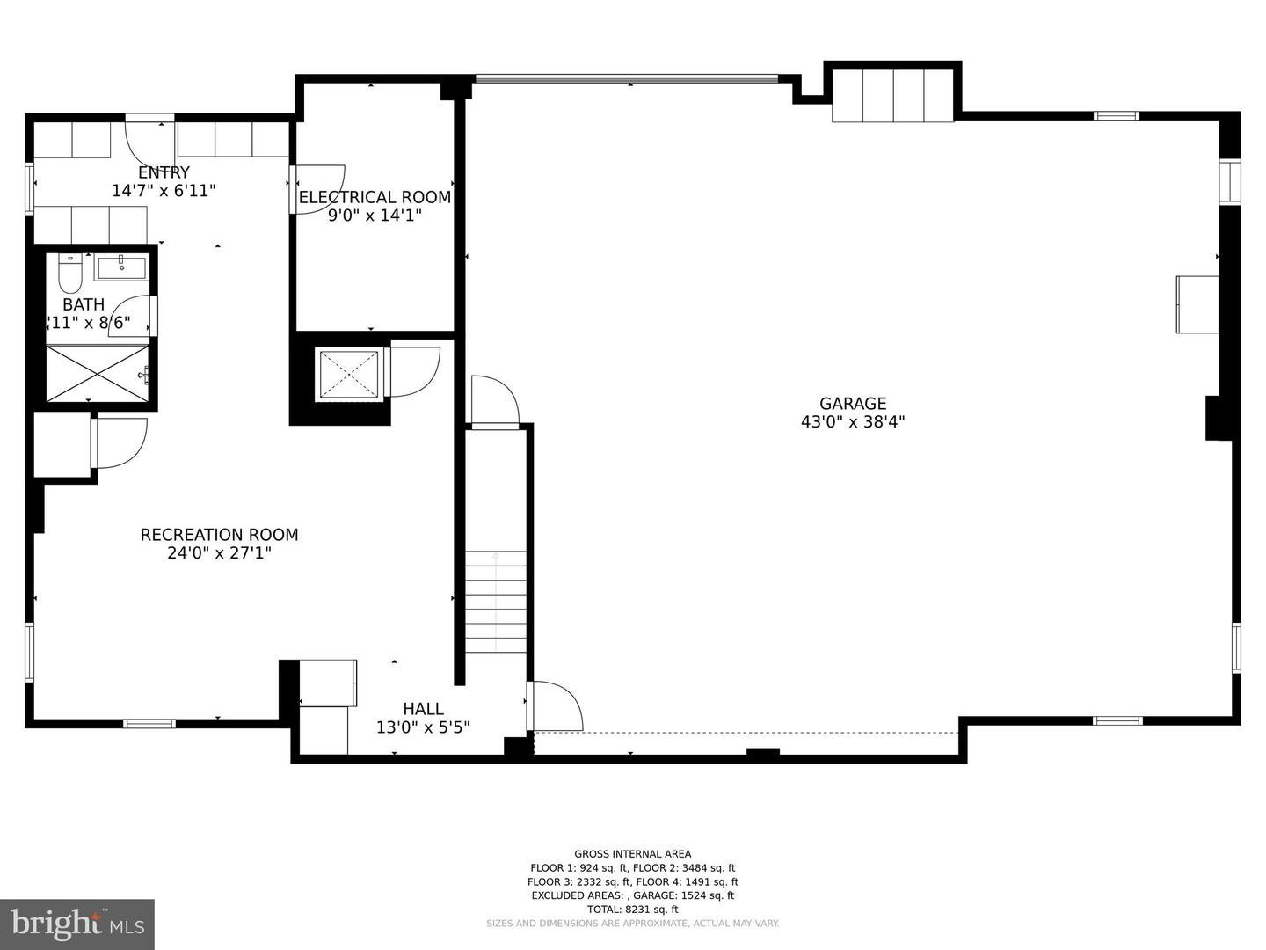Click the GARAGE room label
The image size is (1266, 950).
pyautogui.click(x=853, y=404)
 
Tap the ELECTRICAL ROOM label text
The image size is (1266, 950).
pyautogui.click(x=375, y=197)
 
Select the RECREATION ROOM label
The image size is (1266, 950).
pyautogui.click(x=219, y=535)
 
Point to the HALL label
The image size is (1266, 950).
pyautogui.click(x=423, y=709)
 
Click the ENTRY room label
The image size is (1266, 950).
pyautogui.click(x=164, y=172)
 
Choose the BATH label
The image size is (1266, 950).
pyautogui.click(x=84, y=305)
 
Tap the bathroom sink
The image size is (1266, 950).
pyautogui.click(x=121, y=267)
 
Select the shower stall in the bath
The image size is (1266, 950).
pyautogui.click(x=97, y=374)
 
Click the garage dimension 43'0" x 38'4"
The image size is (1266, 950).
pyautogui.click(x=853, y=422)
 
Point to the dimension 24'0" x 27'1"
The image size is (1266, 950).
pyautogui.click(x=219, y=553)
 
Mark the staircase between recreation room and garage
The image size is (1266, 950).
pyautogui.click(x=496, y=602)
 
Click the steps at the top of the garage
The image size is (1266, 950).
pyautogui.click(x=892, y=95)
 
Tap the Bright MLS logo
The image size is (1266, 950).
pyautogui.click(x=77, y=924)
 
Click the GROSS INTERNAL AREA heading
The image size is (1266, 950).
pyautogui.click(x=632, y=853)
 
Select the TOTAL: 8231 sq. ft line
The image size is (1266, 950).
pyautogui.click(x=632, y=910)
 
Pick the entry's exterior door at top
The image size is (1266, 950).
pyautogui.click(x=149, y=141)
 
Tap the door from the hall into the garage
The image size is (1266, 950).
pyautogui.click(x=556, y=705)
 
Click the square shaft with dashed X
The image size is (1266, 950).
pyautogui.click(x=348, y=375)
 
